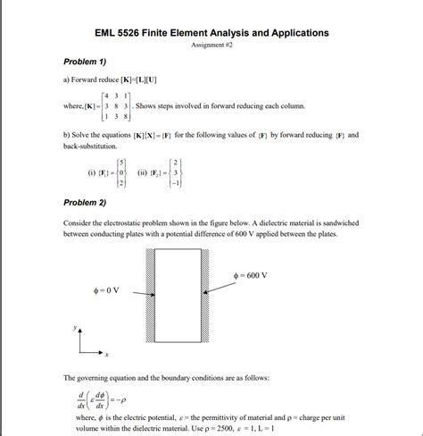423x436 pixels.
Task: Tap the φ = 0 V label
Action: coord(104,291)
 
